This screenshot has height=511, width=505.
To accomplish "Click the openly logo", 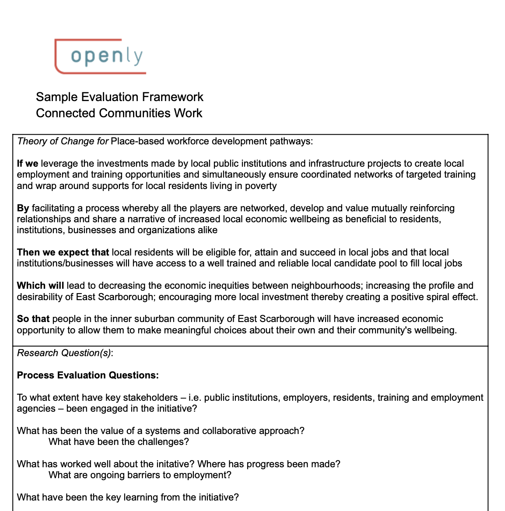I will (101, 56).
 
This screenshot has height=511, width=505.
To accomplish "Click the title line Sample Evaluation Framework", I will (119, 97).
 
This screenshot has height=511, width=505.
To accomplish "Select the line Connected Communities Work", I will (119, 113).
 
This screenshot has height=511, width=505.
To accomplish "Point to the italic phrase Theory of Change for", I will (63, 141).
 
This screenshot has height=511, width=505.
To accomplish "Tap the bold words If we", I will (27, 164).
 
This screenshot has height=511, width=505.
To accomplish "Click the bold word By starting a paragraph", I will (23, 208).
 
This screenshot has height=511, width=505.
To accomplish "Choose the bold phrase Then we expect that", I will (63, 252).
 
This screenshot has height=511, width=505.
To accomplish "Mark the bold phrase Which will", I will (40, 286).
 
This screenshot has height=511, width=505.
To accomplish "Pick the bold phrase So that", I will (33, 319).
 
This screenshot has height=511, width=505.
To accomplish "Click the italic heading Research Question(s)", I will (65, 353).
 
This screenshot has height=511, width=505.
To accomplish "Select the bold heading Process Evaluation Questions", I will (88, 375).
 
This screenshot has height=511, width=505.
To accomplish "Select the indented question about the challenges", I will (119, 442).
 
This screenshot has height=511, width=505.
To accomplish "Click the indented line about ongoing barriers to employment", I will (140, 475).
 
